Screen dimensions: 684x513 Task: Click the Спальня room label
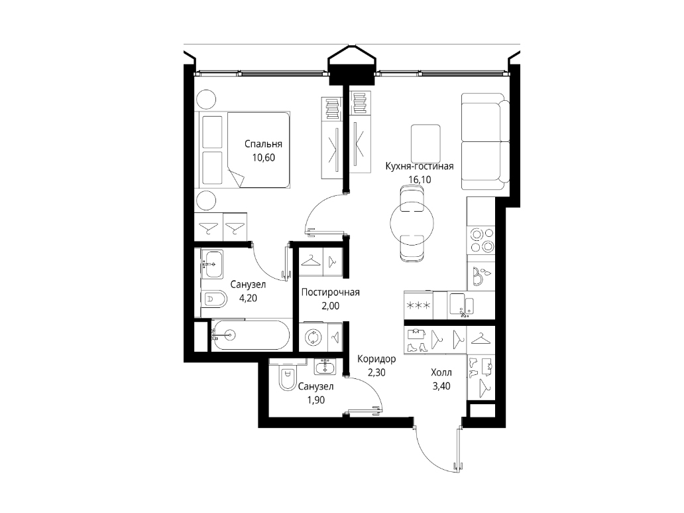263,144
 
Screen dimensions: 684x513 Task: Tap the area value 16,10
419,179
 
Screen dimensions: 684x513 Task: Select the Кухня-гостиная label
419,166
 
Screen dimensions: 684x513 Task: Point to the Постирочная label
330,292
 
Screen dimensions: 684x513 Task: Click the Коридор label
376,359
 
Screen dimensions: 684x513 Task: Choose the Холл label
441,373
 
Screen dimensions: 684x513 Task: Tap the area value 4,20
248,299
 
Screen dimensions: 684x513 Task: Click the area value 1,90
315,400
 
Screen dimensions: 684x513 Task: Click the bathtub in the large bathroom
251,335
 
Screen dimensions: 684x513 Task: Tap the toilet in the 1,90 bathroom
286,377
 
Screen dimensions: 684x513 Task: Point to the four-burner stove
481,240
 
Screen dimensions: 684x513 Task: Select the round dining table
412,223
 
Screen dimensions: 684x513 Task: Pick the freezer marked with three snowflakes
418,305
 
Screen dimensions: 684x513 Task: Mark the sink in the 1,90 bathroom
325,367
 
